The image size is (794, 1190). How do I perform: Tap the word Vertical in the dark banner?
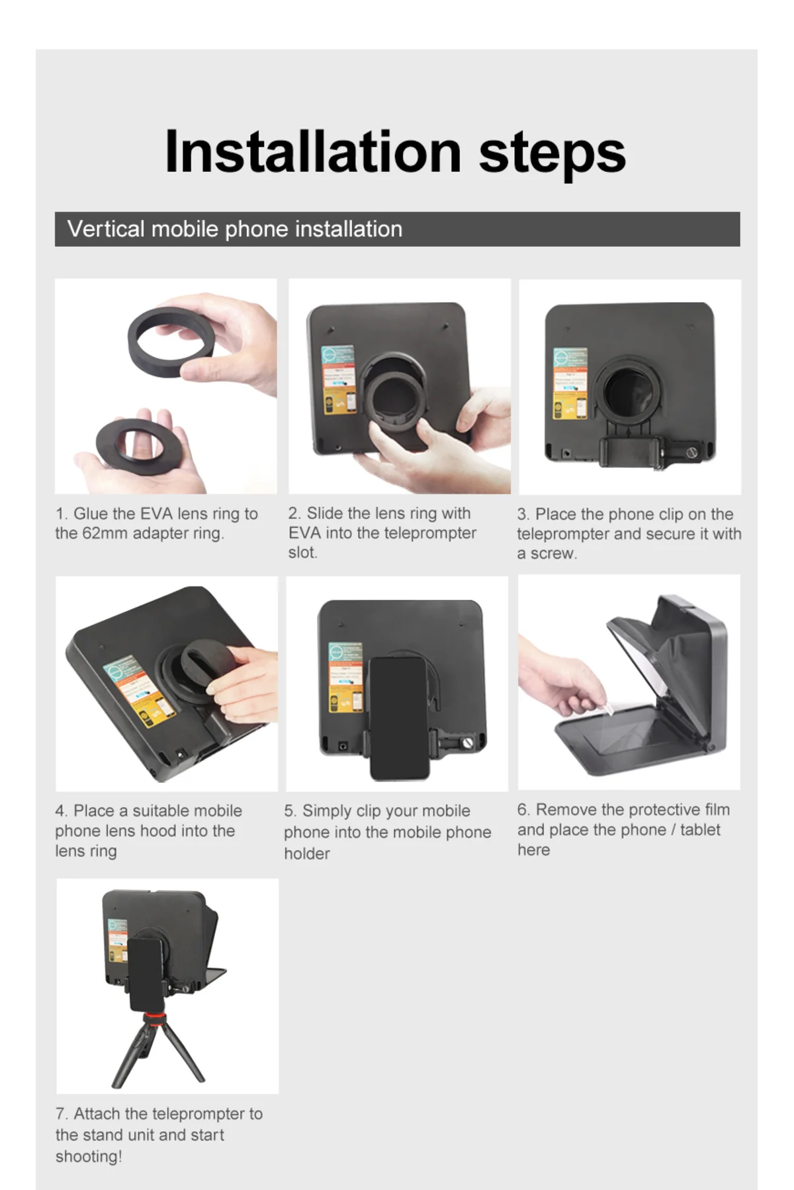pyautogui.click(x=106, y=229)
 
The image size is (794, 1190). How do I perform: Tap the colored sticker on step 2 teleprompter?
pyautogui.click(x=338, y=379)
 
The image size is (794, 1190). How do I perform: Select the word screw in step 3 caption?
pyautogui.click(x=553, y=553)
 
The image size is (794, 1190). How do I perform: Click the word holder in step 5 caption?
pyautogui.click(x=307, y=853)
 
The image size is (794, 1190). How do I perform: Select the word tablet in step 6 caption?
pyautogui.click(x=700, y=830)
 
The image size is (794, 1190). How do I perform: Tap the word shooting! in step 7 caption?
pyautogui.click(x=89, y=1156)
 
